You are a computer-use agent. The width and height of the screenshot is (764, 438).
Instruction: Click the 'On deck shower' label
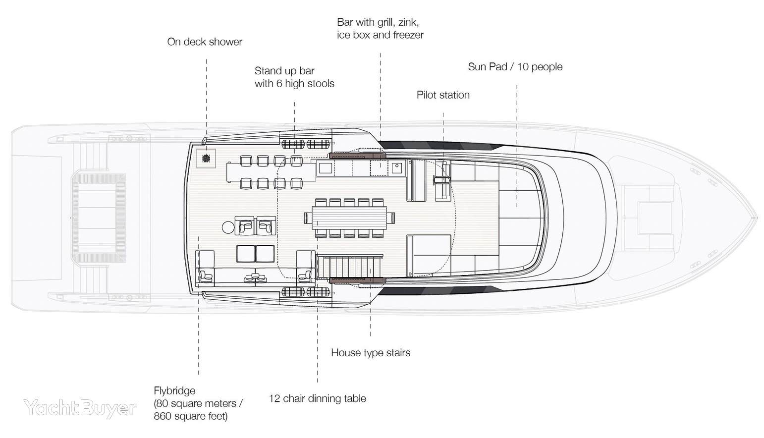[x=205, y=42]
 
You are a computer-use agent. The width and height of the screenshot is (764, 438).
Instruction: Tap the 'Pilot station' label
[x=443, y=95]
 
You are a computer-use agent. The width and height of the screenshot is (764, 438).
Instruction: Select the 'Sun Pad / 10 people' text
[x=515, y=67]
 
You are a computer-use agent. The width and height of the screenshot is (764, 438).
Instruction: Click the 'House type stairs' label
[x=371, y=353]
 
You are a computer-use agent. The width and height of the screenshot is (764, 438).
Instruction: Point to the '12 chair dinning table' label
[x=317, y=398]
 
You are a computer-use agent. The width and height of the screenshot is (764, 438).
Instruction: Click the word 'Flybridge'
[x=174, y=391]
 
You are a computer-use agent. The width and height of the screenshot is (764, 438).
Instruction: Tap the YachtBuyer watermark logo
[x=80, y=408]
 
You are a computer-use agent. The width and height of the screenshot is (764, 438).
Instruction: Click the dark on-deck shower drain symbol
[x=206, y=158]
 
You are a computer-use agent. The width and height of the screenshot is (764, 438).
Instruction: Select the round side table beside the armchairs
[x=228, y=227]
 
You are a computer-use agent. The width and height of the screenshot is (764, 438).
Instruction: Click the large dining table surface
[x=349, y=218]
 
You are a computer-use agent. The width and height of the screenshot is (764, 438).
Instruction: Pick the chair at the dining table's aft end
[x=308, y=218]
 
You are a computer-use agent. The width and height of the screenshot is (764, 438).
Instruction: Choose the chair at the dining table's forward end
[x=391, y=218]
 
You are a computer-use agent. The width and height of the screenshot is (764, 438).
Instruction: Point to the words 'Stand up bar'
[x=284, y=71]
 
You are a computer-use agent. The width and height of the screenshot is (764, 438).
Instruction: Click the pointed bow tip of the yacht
[x=757, y=218]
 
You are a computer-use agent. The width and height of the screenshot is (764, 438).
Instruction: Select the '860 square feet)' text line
[x=190, y=417]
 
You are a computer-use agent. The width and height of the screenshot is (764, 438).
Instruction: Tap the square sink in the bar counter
[x=397, y=168]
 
